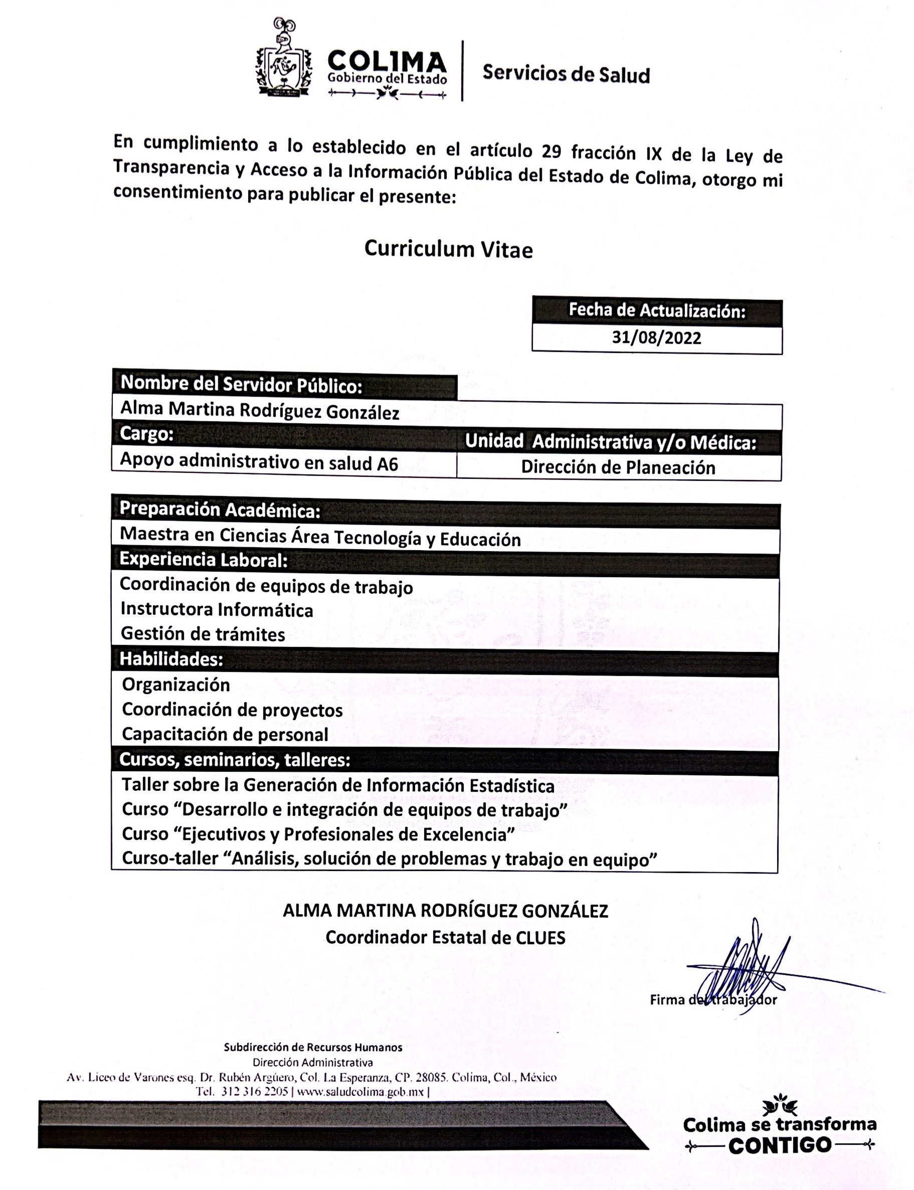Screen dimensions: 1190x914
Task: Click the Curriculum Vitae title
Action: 448,249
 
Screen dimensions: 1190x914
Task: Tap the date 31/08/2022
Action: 656,338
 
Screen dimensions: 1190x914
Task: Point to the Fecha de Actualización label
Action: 657,311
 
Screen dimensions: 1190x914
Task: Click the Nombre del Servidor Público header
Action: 241,384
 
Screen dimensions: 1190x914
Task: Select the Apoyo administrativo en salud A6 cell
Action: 259,461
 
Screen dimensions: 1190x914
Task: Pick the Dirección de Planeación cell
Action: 618,467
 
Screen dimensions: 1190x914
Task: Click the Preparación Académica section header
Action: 220,510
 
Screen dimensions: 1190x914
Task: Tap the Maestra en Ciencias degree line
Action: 320,537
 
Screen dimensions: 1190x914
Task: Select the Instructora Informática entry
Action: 217,609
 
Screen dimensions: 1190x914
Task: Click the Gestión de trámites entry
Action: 203,634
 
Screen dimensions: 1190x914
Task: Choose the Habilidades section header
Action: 171,659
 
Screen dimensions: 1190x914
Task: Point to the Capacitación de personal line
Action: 225,735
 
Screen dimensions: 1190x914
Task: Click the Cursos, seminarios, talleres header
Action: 235,760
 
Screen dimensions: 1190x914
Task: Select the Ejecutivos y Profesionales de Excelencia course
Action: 318,833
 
